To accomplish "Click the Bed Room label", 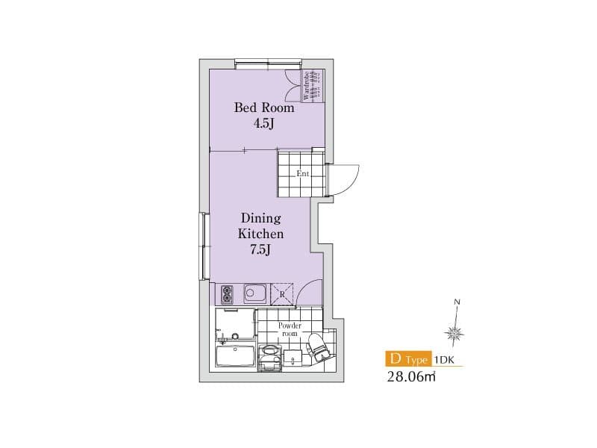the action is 264,108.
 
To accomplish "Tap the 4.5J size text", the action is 263,124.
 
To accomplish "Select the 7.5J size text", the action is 260,250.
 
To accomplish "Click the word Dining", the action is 260,218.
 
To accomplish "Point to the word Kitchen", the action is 260,234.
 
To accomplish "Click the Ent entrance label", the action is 303,174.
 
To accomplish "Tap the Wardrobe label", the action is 306,86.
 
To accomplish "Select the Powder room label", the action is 290,329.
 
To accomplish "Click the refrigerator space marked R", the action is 282,294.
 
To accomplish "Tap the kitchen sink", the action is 254,293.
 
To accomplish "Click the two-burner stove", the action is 227,294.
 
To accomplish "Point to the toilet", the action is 319,346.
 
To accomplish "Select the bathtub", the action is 235,356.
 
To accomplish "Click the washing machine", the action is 269,358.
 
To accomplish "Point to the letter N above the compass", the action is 457,302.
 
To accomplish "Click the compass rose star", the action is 454,334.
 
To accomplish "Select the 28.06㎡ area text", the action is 411,377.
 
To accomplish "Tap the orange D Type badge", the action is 408,359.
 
